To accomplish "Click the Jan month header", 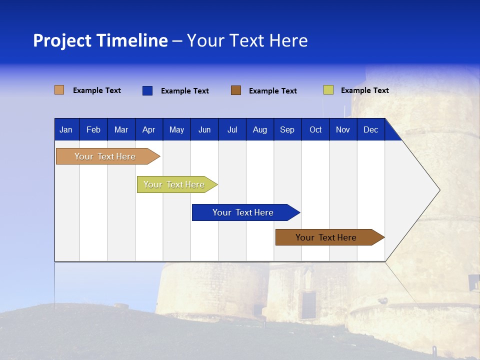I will click(66, 129).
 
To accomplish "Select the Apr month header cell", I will click(148, 129).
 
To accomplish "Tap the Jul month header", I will click(232, 129).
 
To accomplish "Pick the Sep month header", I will click(287, 129).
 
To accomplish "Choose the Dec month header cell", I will click(370, 129).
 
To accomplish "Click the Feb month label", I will click(93, 129).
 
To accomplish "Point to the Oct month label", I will click(315, 129).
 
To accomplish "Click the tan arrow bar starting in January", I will click(105, 156).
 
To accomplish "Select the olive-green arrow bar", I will click(174, 184).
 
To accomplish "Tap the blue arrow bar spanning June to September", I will click(243, 212).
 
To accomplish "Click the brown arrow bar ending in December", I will click(326, 237).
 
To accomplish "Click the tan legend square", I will click(59, 90).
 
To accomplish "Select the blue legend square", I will click(147, 90).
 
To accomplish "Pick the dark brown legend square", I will click(236, 90).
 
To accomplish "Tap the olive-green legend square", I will click(328, 90).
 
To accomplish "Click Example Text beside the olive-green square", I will click(364, 90).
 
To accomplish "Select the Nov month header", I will click(343, 129).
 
